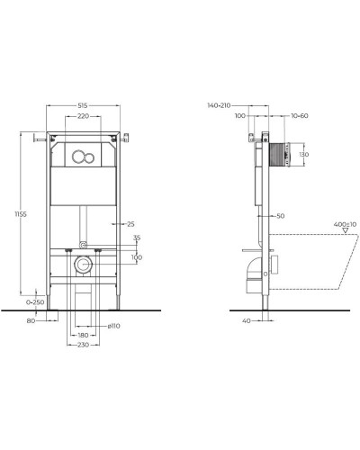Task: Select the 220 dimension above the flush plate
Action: pos(83,118)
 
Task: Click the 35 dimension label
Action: pos(137,239)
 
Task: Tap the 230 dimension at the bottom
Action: pos(83,345)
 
